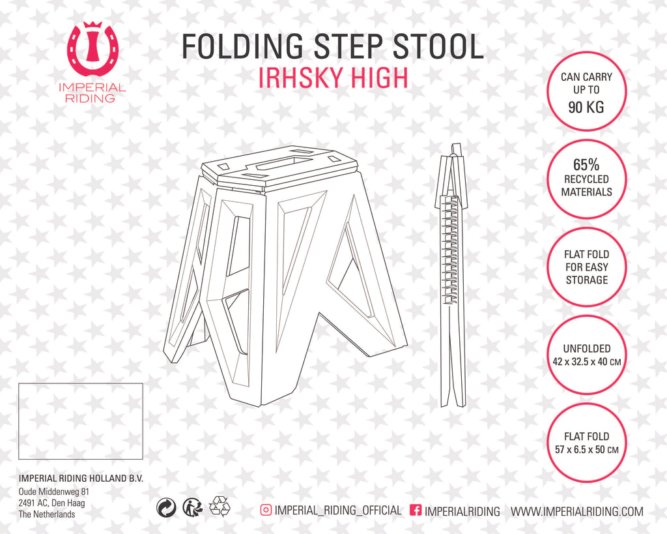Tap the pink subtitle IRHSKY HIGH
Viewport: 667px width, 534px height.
333,78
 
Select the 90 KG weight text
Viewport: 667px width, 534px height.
586,107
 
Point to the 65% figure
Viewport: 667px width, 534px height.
586,164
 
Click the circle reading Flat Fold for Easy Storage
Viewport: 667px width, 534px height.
587,267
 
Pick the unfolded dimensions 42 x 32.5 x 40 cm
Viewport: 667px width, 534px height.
587,362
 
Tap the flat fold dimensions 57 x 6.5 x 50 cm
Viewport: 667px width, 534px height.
587,449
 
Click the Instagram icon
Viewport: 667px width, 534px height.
266,510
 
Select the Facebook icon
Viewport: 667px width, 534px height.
416,510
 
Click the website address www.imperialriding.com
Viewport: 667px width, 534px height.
577,511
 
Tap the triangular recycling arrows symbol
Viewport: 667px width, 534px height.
220,507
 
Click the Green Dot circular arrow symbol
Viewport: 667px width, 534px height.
166,508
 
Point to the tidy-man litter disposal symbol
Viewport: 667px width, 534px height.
193,507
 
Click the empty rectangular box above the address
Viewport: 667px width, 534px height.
80,421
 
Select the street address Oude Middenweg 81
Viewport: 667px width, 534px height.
53,492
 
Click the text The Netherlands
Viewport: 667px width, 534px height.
47,514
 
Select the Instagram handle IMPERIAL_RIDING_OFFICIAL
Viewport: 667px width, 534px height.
338,510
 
